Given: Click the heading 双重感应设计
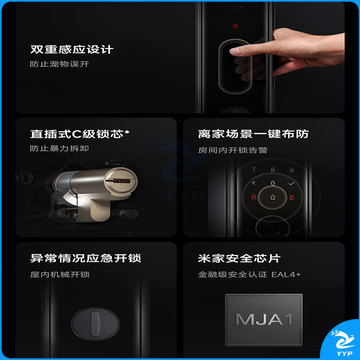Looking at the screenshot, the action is [72, 50].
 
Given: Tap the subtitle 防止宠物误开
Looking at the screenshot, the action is [59, 64].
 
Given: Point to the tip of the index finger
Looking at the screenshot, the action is [232, 51].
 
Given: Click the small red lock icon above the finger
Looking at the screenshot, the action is [235, 26].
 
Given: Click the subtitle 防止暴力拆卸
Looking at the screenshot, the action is [59, 149].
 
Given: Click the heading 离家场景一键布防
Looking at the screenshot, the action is [253, 134].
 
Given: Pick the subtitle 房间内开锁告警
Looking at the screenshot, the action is [232, 150].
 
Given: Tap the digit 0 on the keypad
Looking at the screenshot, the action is [273, 183].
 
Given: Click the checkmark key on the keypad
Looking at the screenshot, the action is [292, 183].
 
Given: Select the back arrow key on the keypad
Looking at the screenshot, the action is [254, 183].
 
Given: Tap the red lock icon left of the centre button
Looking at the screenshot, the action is [254, 197].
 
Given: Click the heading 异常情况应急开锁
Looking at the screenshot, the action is [85, 258].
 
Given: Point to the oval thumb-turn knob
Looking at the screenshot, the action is [95, 323].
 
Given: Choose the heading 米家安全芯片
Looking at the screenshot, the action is [239, 258].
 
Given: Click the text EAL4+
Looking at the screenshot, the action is [286, 275].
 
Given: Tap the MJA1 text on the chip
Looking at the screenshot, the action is [264, 320].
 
